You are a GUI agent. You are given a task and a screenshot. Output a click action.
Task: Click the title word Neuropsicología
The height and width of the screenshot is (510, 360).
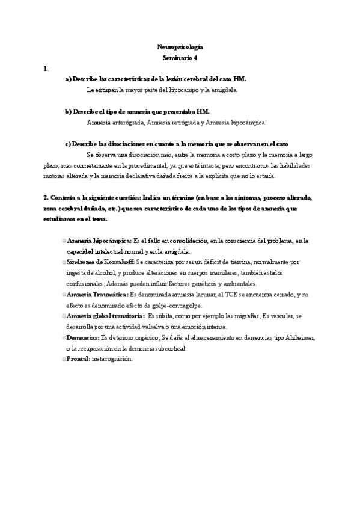coord(180,46)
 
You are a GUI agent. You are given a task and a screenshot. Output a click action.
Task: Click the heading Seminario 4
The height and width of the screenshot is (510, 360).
coord(180,58)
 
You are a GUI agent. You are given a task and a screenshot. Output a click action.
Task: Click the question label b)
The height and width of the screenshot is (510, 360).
coord(68,111)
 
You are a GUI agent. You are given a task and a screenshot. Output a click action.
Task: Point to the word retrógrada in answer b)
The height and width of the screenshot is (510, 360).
coord(174,122)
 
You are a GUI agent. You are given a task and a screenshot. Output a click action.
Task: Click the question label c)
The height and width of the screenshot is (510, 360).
coord(68,144)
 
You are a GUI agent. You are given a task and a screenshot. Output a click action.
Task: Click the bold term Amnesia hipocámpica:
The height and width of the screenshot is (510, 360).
coord(99,241)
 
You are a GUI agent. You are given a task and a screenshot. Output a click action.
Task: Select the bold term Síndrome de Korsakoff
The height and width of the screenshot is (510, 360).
coord(100,262)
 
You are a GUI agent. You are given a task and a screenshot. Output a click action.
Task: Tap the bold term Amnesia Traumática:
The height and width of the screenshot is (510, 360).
coord(98,295)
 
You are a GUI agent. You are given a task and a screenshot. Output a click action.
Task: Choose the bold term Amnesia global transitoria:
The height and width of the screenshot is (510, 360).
coord(106,316)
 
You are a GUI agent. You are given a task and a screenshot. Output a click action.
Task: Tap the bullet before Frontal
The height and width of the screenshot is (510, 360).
coord(63,359)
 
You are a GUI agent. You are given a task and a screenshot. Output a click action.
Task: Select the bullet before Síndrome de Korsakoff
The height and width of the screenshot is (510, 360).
coord(63,262)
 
